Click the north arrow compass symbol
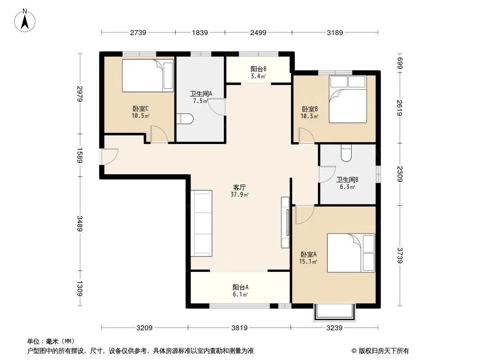point(25,21)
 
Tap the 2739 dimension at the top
point(138,32)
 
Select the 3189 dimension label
point(335,32)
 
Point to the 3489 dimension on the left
point(80,224)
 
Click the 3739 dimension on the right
point(400,256)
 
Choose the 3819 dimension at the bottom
point(239,328)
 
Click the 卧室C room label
point(140,108)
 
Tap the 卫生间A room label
point(201,94)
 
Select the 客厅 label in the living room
point(239,187)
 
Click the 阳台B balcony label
point(258,69)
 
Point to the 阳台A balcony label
point(240,287)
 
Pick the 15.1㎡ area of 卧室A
point(308,261)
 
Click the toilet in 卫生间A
point(185,119)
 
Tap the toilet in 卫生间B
point(346,153)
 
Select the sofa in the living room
point(201,223)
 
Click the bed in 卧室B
point(348,99)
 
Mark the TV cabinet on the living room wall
point(285,222)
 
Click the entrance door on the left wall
point(109,157)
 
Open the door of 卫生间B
point(327,174)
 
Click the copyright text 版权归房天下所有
point(383,351)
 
